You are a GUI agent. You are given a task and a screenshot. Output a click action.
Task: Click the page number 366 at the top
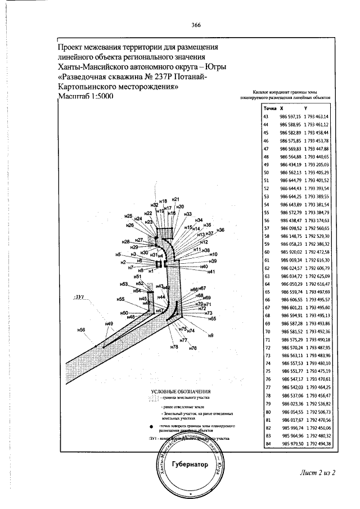coord(196,25)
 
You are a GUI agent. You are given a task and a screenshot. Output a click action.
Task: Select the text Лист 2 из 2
coord(317,471)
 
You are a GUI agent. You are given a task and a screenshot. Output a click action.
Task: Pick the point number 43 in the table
coord(266,116)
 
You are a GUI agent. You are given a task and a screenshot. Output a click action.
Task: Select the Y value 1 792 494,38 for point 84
coord(316,444)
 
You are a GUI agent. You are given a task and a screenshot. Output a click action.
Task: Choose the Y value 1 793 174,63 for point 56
coord(316,222)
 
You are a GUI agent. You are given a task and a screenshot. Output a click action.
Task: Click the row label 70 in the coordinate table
coord(267,332)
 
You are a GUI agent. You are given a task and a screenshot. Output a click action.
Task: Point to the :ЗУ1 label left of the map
coord(78,296)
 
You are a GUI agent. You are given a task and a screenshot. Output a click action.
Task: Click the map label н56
coord(81,330)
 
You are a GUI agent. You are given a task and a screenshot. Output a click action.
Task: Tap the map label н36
coord(220,230)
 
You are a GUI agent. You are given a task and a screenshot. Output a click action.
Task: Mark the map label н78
coord(174,348)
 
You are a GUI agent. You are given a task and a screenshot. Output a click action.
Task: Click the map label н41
coord(211,272)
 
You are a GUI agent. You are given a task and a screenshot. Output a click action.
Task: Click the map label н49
coord(109,323)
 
